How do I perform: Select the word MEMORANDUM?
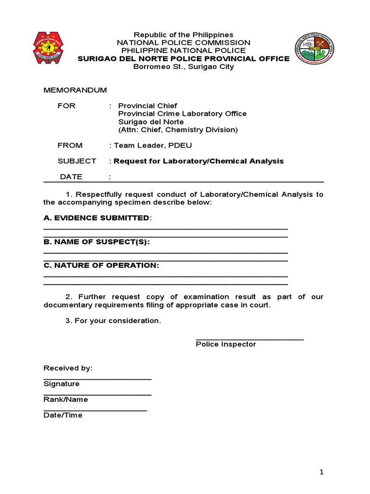[75, 90]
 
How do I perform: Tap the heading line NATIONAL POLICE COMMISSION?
[183, 43]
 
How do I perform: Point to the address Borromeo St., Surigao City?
[183, 67]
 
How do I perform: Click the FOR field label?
[66, 106]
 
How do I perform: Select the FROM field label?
[70, 145]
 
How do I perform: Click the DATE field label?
[71, 177]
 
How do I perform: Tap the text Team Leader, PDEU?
[153, 145]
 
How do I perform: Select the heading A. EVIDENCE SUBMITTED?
[97, 218]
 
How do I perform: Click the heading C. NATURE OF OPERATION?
[101, 265]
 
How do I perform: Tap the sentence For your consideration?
[113, 321]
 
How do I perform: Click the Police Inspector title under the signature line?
[225, 344]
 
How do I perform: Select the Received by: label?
[67, 368]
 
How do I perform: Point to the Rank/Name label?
[66, 399]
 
